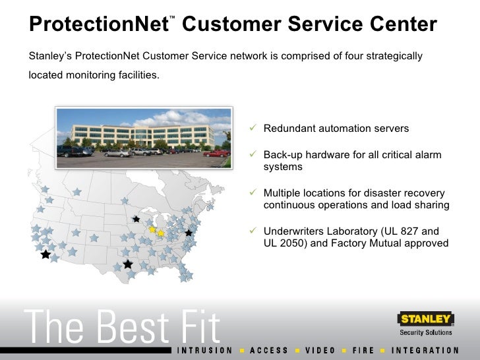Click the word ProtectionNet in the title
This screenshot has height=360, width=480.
click(98, 25)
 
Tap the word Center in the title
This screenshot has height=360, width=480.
click(402, 25)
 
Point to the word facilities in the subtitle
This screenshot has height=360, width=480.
click(138, 75)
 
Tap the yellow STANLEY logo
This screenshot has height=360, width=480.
click(425, 320)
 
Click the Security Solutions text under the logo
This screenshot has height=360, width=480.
click(427, 332)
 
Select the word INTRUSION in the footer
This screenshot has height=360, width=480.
click(205, 350)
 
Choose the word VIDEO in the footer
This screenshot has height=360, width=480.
click(321, 350)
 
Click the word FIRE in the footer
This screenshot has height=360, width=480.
click(363, 350)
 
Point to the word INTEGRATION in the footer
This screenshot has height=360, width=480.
click(425, 350)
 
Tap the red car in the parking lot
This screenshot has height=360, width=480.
click(216, 153)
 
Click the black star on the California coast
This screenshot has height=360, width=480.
click(45, 254)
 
